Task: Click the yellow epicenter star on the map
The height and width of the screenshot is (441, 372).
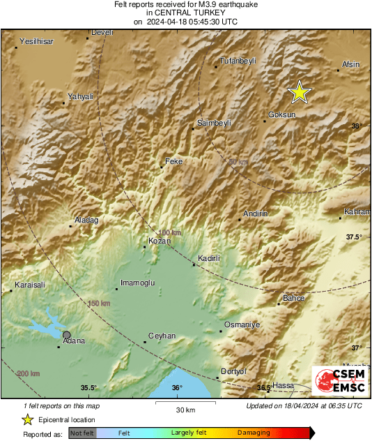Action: click(300, 92)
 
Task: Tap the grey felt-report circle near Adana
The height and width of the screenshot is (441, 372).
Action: click(67, 335)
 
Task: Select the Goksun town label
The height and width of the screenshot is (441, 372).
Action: click(282, 114)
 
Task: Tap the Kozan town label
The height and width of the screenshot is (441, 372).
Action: click(160, 241)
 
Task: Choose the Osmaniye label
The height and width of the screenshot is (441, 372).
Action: click(242, 325)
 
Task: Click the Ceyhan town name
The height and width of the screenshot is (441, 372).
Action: click(162, 336)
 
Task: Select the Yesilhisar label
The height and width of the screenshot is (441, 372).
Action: click(36, 41)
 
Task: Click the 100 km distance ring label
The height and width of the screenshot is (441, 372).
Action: click(169, 233)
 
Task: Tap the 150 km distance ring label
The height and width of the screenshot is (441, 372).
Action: click(99, 304)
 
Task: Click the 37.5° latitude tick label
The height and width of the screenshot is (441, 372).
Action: click(355, 237)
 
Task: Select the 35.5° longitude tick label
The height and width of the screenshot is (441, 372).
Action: click(88, 388)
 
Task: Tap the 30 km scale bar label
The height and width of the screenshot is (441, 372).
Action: click(185, 410)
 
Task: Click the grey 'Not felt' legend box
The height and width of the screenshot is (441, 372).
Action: click(82, 433)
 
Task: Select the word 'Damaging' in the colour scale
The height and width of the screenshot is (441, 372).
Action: click(254, 433)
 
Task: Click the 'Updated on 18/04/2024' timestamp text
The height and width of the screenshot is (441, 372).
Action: click(304, 405)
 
